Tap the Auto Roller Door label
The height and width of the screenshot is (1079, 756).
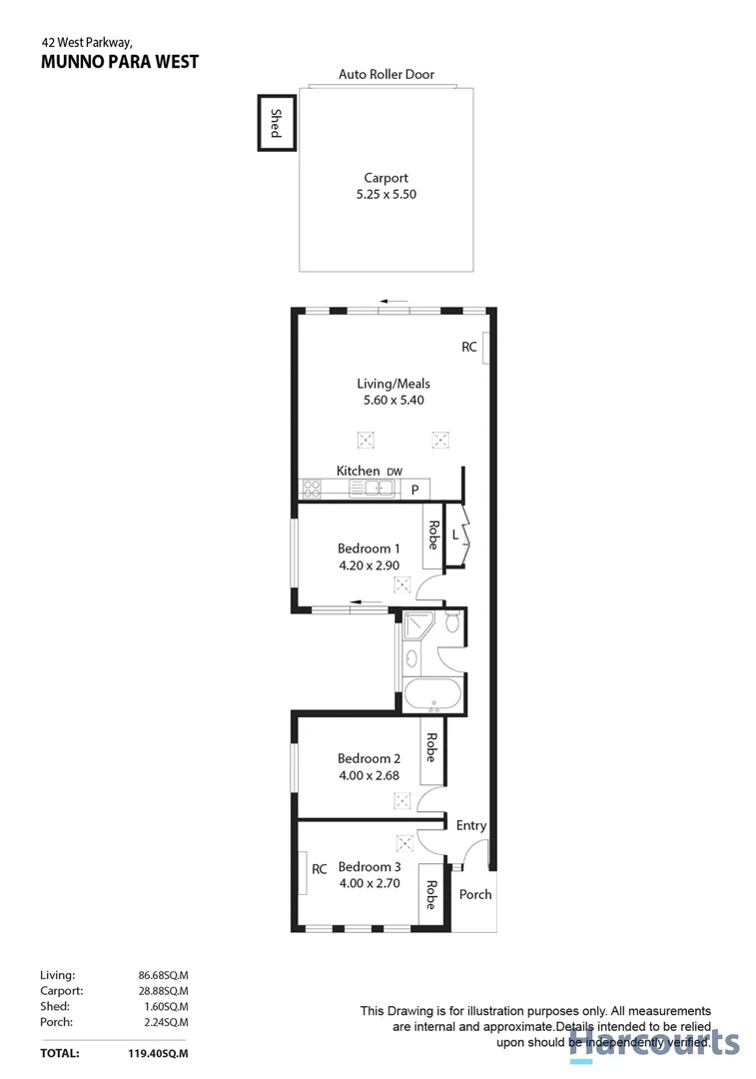point(386,75)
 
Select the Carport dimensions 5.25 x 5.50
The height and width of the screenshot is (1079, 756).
point(386,195)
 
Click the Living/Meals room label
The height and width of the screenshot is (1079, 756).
point(393,383)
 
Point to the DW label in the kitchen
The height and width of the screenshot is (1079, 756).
point(394,472)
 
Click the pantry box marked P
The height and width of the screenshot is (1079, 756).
point(414,490)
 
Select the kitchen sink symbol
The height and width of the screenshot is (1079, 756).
point(377,489)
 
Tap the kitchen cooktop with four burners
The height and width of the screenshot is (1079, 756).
point(311,490)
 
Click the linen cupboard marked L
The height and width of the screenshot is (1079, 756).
point(455,537)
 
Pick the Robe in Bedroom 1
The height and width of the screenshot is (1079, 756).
point(432,536)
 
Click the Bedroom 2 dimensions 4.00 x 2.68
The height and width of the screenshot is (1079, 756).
point(369,774)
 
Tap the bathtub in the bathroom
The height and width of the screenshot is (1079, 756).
point(431,695)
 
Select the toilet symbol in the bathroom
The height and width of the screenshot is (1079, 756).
point(451,625)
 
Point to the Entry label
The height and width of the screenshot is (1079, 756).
point(471,825)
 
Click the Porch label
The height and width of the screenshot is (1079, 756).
point(475,894)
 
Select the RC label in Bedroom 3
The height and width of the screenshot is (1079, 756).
point(320,869)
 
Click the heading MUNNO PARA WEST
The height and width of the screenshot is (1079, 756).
point(120,62)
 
